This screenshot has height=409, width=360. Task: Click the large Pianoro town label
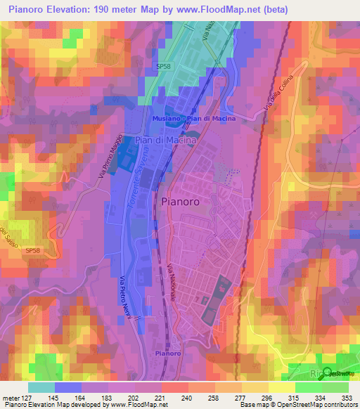coord(185,201)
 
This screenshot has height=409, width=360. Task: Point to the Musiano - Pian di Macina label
coord(193,119)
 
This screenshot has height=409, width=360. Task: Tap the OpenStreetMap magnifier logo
coord(328,373)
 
